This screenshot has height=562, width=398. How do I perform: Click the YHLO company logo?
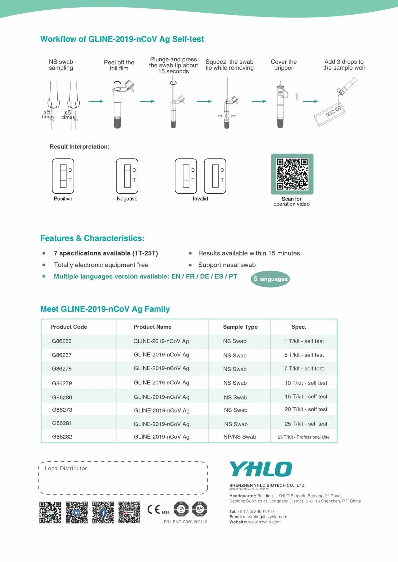tap(261, 469)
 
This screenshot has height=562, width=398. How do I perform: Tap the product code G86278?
tap(62, 368)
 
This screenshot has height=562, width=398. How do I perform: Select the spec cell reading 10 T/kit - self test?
tap(306, 383)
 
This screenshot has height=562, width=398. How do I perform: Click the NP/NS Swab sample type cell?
tap(240, 437)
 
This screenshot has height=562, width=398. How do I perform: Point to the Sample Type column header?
tap(240, 327)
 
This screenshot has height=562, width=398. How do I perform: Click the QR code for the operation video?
tap(292, 174)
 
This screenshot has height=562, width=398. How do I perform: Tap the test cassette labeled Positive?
tap(63, 176)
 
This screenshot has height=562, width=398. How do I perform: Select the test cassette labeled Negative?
tap(127, 176)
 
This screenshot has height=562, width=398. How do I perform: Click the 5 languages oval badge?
tap(270, 279)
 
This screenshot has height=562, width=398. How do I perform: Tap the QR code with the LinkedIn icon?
tap(77, 512)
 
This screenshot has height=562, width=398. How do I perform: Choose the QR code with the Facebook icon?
tap(103, 512)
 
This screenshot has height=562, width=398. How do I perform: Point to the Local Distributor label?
tap(67, 468)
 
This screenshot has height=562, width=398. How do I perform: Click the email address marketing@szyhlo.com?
tap(265, 517)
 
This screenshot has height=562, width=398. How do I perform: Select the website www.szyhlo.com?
tap(264, 522)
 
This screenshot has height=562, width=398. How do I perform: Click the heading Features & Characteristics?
tap(92, 238)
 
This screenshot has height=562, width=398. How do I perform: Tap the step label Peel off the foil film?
tap(119, 65)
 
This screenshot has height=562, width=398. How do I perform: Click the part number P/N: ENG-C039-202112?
tap(185, 522)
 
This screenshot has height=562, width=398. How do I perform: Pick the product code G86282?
tap(62, 437)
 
